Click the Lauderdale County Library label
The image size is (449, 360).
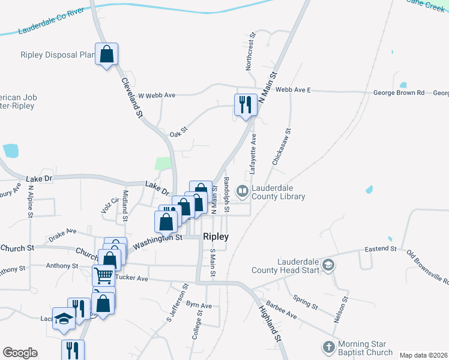coord(278,192)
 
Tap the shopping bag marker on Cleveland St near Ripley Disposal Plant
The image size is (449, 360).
coord(107,55)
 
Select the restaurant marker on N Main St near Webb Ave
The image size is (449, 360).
coord(246,105)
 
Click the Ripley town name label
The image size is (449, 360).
coord(215,236)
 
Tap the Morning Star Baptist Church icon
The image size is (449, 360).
coord(328,347)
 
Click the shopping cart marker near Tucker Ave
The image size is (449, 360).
coord(103,276)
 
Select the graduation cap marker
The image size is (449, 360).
coord(63,319)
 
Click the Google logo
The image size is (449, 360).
coord(20,353)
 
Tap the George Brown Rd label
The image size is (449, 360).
coord(399,93)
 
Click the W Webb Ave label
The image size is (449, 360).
coord(156,95)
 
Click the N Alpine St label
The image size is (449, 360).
coord(30,208)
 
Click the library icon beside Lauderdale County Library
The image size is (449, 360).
coord(243,191)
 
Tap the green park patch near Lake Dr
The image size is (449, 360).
coord(163,163)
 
